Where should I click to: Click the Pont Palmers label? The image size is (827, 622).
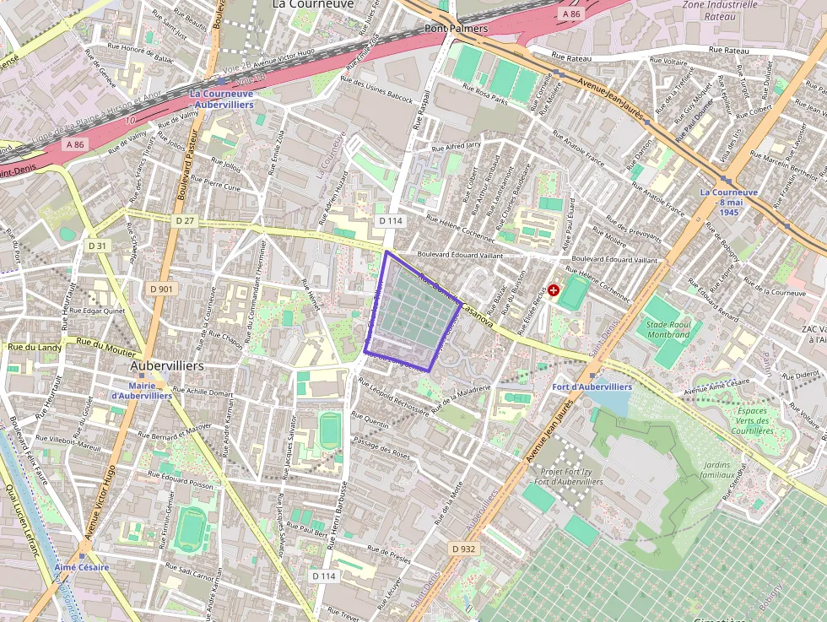(456, 29)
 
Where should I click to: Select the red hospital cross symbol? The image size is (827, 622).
(554, 290)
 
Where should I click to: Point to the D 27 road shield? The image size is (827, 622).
(185, 220)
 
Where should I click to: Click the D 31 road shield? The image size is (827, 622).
(98, 246)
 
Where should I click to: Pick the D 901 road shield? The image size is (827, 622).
(161, 289)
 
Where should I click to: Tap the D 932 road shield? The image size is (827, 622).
(463, 549)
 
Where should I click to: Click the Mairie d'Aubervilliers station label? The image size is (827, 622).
(142, 390)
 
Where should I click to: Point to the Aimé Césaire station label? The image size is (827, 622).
(82, 567)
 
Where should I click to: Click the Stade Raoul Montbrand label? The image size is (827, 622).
(668, 329)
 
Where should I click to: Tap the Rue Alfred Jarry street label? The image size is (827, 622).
(456, 148)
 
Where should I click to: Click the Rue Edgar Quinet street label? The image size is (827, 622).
(97, 310)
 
